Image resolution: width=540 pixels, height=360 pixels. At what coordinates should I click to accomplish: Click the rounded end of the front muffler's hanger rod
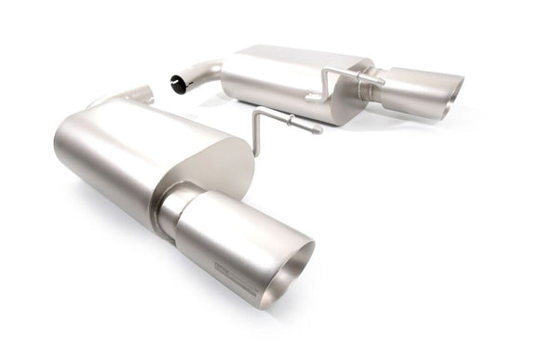point(317,129)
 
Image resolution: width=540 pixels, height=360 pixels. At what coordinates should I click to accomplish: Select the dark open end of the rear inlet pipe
point(178,86)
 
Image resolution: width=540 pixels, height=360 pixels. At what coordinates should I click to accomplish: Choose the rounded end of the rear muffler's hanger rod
point(381,82)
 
